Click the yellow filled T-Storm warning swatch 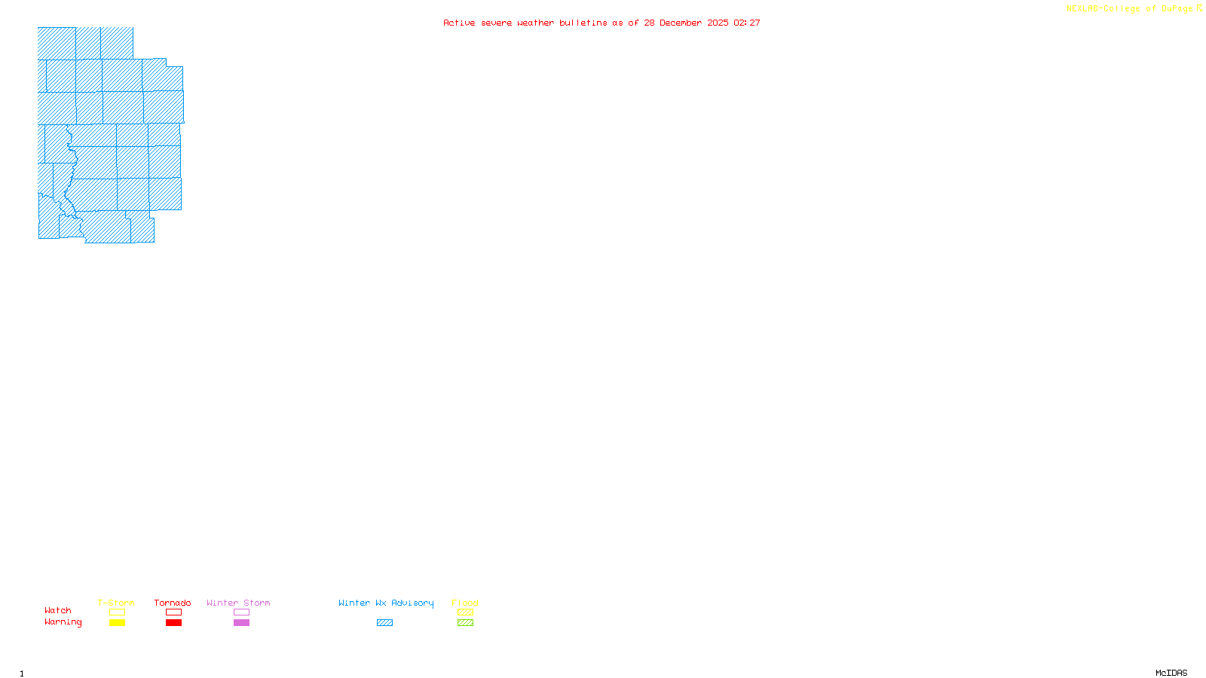click(117, 623)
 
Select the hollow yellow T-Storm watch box click(117, 612)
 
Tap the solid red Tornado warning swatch click(173, 623)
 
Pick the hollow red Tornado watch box click(173, 612)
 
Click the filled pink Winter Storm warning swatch click(241, 623)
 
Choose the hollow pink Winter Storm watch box click(241, 612)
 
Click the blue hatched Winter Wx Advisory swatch click(384, 623)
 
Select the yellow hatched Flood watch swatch click(465, 612)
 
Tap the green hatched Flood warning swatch click(465, 623)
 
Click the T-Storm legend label click(116, 603)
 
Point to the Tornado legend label click(173, 603)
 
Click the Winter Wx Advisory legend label click(386, 603)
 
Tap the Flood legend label click(465, 603)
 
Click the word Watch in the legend click(58, 610)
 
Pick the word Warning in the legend click(63, 622)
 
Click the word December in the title click(681, 23)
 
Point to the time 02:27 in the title click(747, 23)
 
